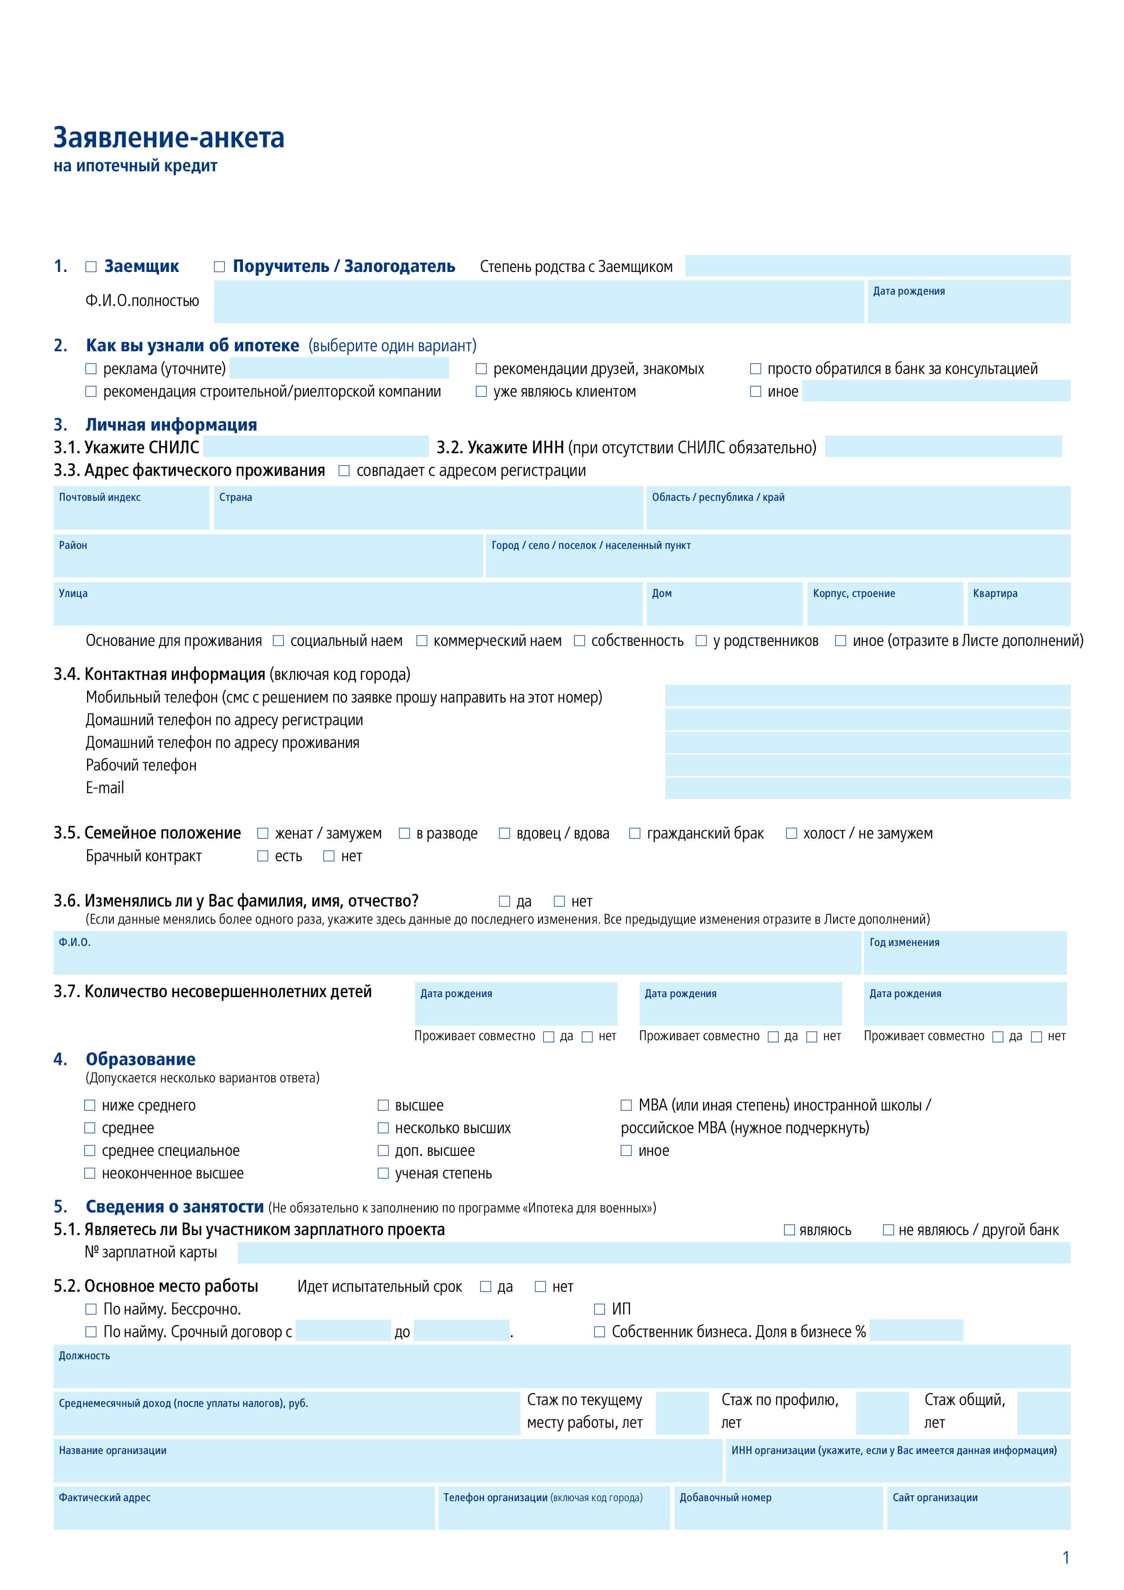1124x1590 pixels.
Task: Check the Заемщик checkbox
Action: tap(91, 267)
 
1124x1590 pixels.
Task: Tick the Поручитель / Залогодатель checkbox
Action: tap(219, 267)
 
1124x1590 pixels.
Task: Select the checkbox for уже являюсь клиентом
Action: tap(481, 392)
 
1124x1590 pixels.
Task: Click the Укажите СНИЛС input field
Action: tap(316, 446)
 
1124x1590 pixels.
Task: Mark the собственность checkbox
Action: tap(580, 641)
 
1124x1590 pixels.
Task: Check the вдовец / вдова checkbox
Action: tap(505, 834)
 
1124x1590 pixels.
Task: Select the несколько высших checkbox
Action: tap(383, 1128)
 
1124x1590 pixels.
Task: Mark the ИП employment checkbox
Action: tap(600, 1309)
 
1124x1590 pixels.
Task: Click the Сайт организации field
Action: tap(978, 1508)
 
